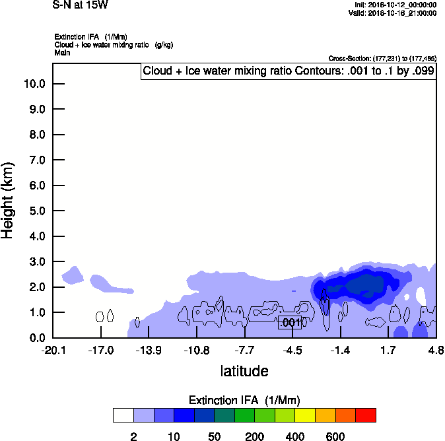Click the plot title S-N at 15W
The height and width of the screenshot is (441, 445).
point(80,5)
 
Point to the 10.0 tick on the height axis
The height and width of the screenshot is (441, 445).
point(34,84)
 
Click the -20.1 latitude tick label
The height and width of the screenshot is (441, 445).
point(53,350)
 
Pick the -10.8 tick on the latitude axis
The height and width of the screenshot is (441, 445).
point(197,350)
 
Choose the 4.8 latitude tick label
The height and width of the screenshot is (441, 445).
point(435,350)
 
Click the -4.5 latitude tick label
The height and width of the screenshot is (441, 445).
point(292,350)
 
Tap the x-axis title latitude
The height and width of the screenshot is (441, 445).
point(244,371)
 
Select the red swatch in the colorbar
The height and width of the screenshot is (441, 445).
point(366,415)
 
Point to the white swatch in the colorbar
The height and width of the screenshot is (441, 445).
point(123,415)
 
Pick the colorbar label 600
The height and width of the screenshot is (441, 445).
point(335,436)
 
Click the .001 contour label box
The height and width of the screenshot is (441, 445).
point(291,323)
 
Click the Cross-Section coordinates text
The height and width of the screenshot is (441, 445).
point(382,58)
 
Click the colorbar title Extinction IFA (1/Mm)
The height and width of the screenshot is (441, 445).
point(244,400)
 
